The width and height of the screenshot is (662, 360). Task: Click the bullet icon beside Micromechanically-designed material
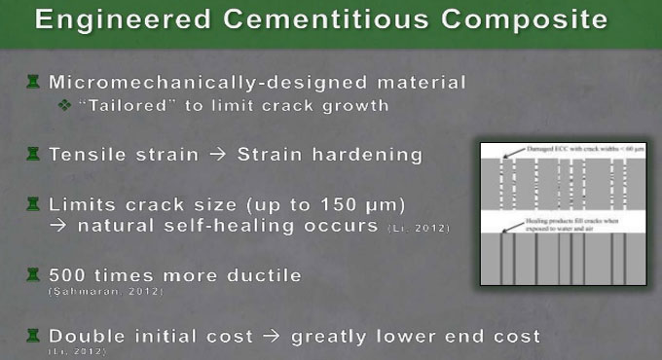point(33,83)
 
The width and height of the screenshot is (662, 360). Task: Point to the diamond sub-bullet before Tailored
point(66,106)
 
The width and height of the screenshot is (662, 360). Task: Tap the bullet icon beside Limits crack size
point(33,204)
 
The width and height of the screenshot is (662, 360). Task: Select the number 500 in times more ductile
point(69,276)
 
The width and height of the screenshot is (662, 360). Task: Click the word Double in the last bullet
point(89,336)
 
